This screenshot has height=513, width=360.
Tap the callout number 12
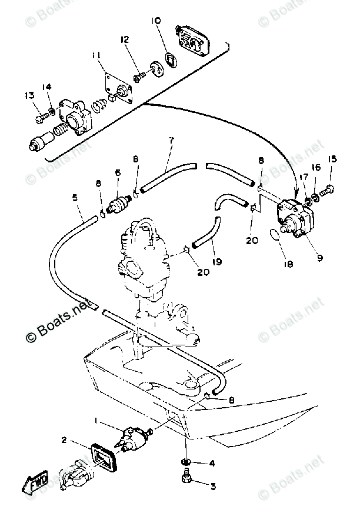[x=125, y=40]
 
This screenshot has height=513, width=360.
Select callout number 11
[x=96, y=56]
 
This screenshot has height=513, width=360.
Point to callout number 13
[x=28, y=96]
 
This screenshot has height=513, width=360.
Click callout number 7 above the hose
[x=171, y=141]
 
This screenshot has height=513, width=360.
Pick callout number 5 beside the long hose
[x=75, y=198]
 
